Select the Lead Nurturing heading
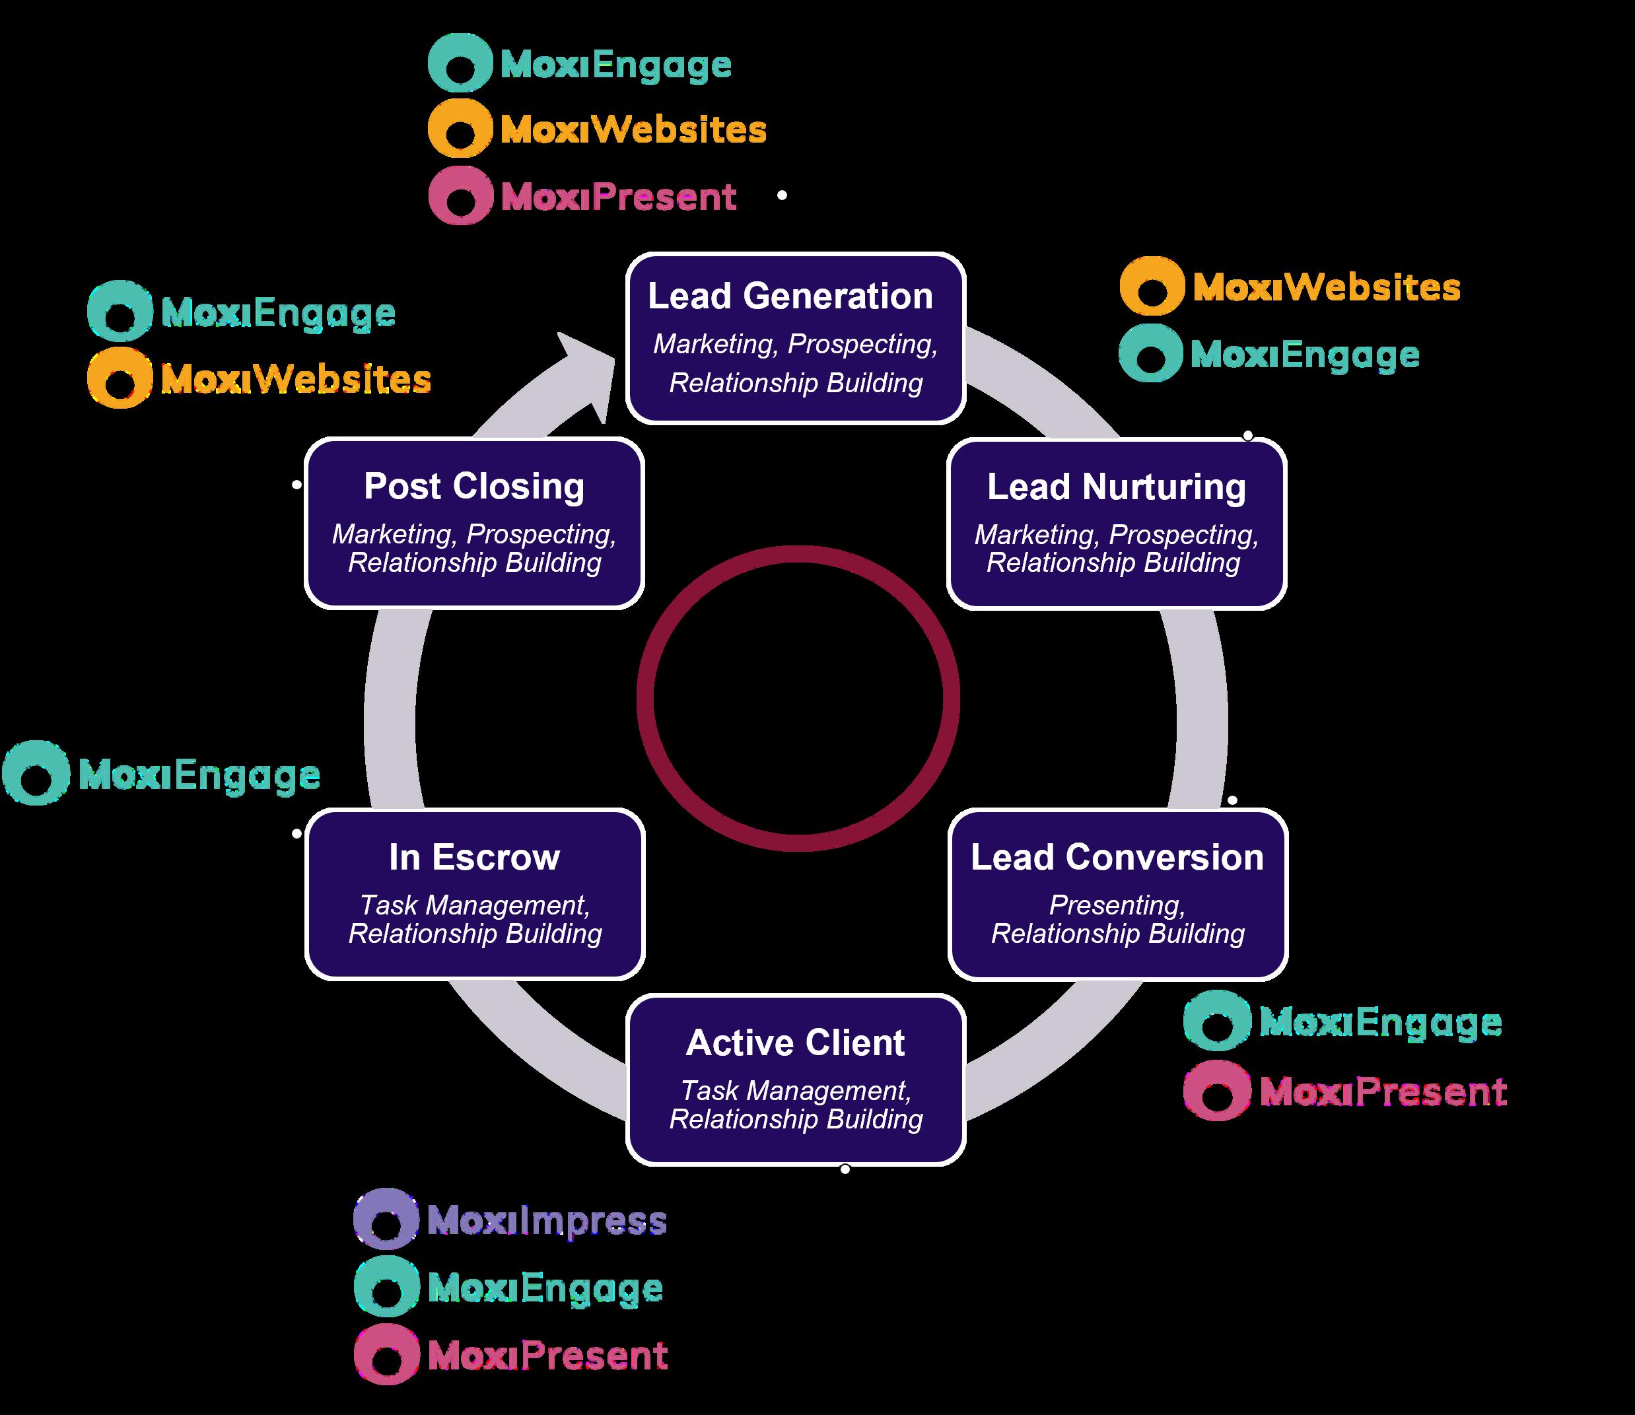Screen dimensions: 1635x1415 tap(1117, 487)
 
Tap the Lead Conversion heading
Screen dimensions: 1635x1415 tap(1117, 858)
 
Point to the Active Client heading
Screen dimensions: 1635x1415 tap(796, 1043)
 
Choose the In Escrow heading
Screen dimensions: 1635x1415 tap(475, 858)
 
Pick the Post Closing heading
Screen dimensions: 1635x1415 tap(475, 487)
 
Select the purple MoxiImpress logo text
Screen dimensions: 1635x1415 tap(547, 1222)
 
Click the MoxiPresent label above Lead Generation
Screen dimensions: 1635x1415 tap(618, 197)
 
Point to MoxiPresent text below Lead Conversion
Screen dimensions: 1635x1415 tap(1383, 1092)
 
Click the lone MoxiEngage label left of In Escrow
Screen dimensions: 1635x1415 tap(199, 775)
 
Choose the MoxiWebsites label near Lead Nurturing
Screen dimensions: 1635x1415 tap(1327, 287)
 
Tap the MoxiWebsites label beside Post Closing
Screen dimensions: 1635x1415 tap(296, 379)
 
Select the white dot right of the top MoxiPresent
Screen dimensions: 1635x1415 tap(783, 195)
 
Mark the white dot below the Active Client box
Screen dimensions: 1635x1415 tap(845, 1169)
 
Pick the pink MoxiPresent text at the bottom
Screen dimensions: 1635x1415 tap(548, 1356)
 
